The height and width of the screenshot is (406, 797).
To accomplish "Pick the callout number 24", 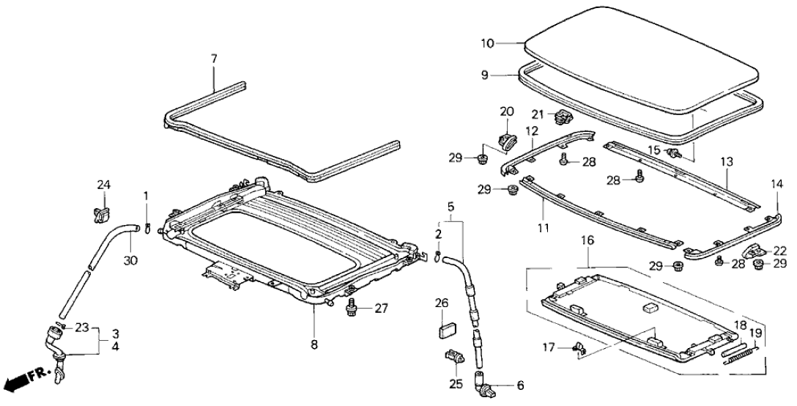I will click(104, 185).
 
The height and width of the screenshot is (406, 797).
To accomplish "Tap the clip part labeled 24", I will click(101, 213).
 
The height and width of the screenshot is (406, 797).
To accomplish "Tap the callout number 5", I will click(451, 206).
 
